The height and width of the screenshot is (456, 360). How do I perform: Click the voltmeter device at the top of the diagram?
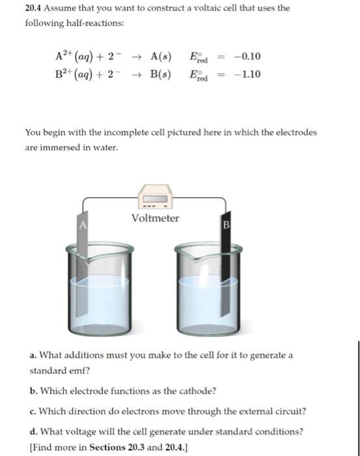pyautogui.click(x=155, y=196)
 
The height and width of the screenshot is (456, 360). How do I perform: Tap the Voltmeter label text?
pyautogui.click(x=155, y=218)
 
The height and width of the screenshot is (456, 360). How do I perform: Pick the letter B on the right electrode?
pyautogui.click(x=227, y=226)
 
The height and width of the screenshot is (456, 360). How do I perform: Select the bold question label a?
pyautogui.click(x=33, y=355)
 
